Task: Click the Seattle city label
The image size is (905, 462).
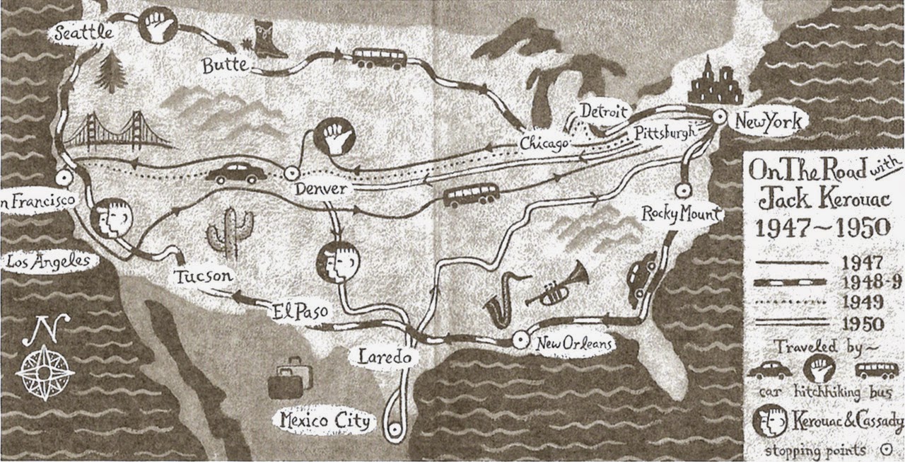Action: tap(83, 32)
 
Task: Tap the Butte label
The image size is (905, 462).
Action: tap(225, 66)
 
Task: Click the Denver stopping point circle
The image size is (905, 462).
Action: tap(288, 172)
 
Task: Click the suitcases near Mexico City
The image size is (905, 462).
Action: tap(291, 380)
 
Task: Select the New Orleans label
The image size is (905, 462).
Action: tap(572, 344)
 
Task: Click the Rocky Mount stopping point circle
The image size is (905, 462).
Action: tap(682, 190)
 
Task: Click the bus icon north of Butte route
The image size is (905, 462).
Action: tap(380, 58)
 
